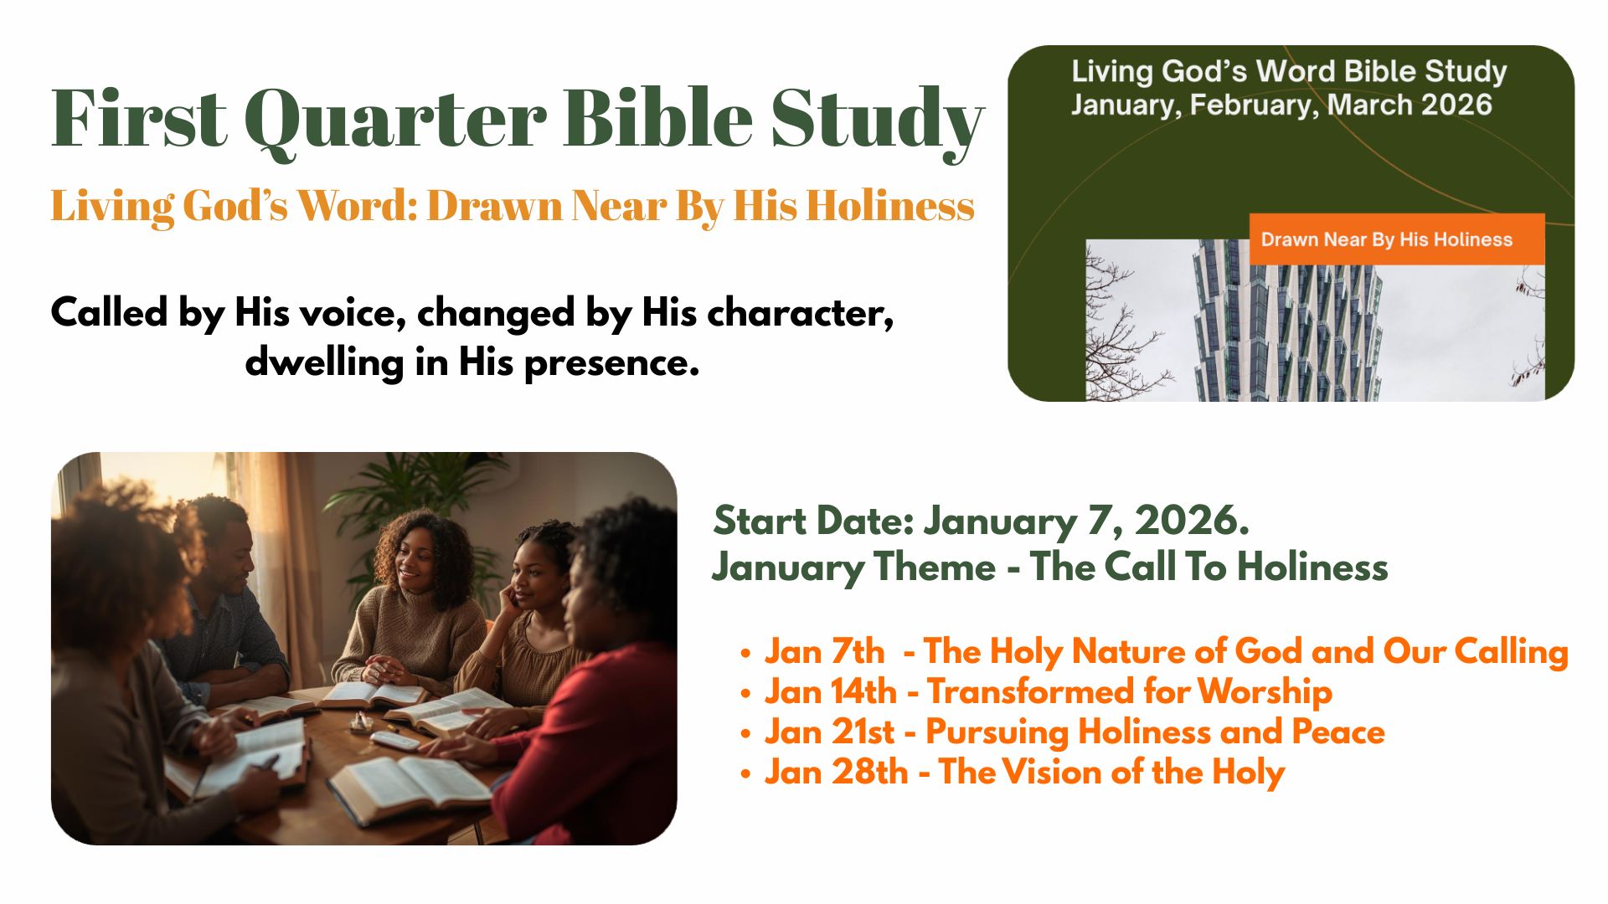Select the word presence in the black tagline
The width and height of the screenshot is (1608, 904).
click(611, 363)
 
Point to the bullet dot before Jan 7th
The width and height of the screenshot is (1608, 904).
click(745, 654)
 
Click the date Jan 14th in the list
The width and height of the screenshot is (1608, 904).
click(830, 692)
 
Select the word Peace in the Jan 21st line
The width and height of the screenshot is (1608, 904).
click(1338, 732)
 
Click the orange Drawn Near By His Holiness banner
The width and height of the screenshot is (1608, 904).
click(1396, 239)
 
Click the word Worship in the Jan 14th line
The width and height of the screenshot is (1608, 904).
click(1265, 692)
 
